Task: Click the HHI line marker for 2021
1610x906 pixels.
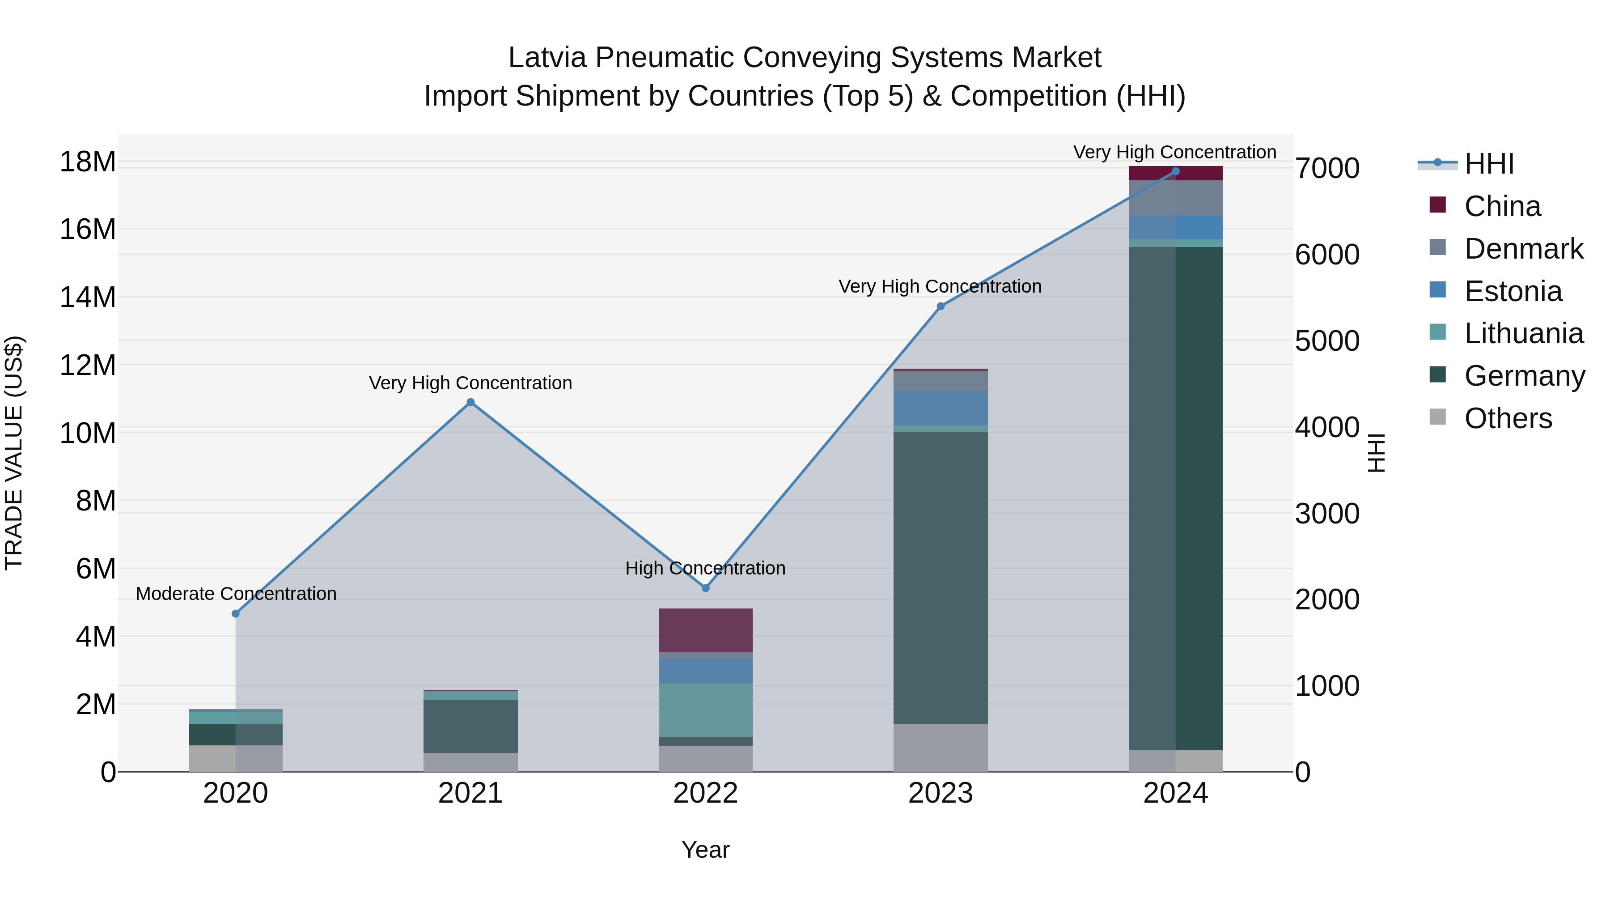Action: point(470,402)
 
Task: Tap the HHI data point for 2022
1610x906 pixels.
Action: point(706,588)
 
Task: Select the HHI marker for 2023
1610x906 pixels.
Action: point(941,306)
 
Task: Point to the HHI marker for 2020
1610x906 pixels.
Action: point(236,614)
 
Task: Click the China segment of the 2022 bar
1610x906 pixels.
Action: point(706,630)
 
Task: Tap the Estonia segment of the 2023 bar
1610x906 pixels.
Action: point(941,408)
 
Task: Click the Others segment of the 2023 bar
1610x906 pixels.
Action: point(941,748)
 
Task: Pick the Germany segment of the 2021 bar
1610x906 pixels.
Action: point(470,726)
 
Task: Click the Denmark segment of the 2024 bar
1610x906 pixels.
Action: point(1176,198)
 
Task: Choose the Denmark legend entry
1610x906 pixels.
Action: point(1523,249)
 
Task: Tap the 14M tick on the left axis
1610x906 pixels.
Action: point(88,297)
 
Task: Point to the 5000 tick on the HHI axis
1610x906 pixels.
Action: point(1327,341)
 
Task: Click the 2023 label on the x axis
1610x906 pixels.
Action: point(941,793)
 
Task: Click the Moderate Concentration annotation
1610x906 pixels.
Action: point(236,593)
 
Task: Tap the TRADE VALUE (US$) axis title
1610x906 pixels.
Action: point(14,453)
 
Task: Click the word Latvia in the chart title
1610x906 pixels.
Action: point(547,58)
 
